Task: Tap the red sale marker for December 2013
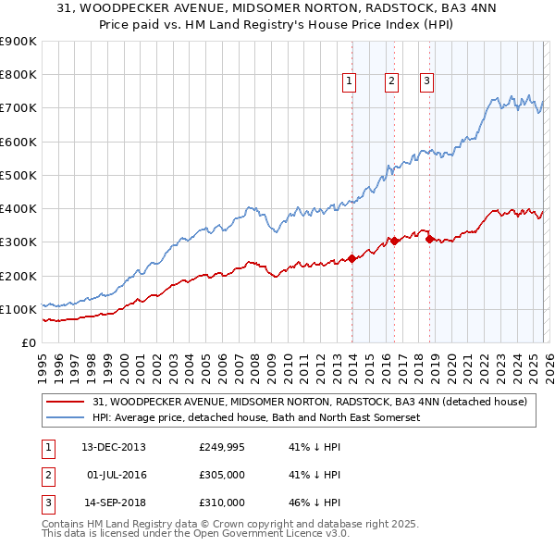coord(351,259)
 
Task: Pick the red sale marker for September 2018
coord(429,239)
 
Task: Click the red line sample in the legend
coord(66,402)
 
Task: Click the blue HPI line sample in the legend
coord(66,417)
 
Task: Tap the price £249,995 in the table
coord(221,447)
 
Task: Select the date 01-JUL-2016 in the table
coord(117,475)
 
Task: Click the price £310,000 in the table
coord(221,503)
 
